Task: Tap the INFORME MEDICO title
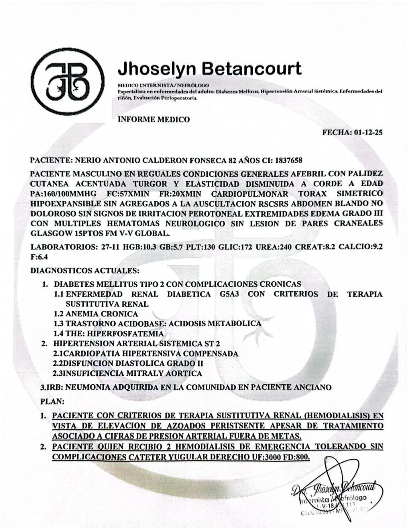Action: point(154,119)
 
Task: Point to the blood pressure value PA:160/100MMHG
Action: point(63,194)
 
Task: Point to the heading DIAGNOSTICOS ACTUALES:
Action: point(85,271)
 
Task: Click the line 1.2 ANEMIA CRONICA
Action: point(96,313)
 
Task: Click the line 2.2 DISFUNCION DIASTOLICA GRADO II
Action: point(128,363)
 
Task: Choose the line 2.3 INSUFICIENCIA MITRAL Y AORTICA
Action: point(127,373)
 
